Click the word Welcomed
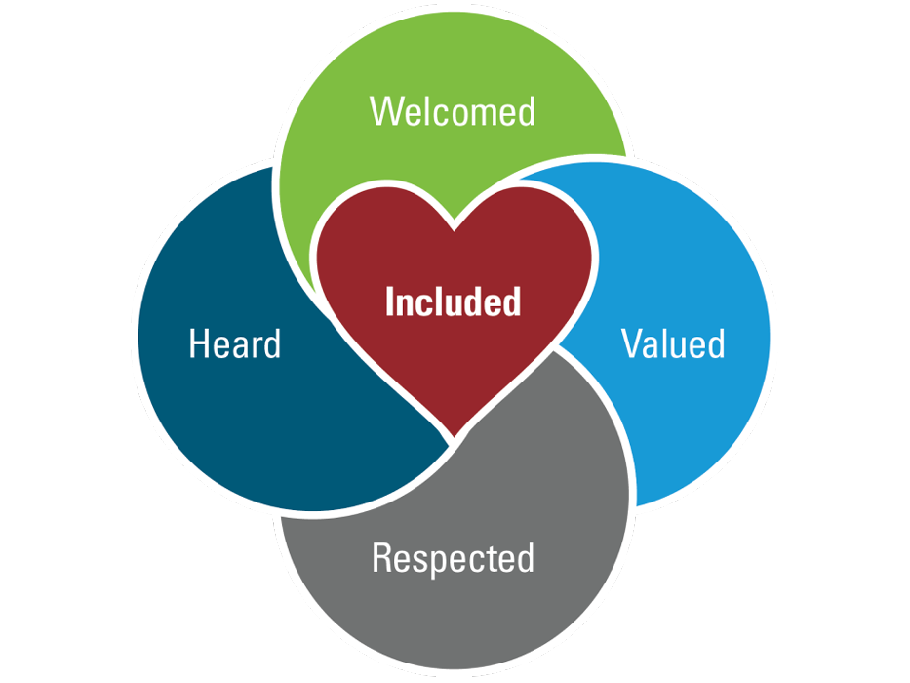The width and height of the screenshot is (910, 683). coord(453,111)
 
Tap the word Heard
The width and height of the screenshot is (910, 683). coord(234,343)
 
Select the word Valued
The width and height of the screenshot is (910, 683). coord(673,343)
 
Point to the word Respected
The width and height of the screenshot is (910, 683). coord(453,558)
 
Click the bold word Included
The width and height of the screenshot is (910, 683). coord(453,301)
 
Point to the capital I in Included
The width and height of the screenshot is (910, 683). coord(390,301)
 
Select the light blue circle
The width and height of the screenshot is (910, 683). coord(683,420)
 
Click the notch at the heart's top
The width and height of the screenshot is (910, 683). coord(454,228)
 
